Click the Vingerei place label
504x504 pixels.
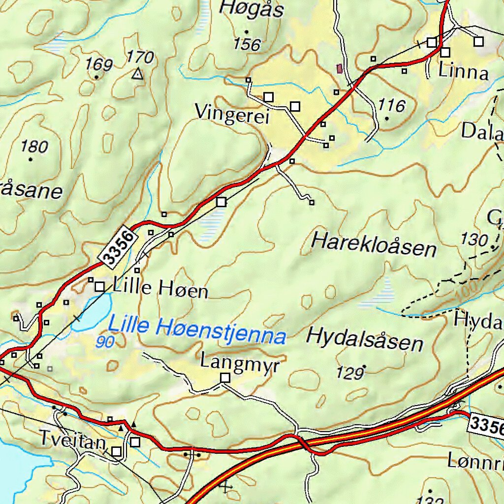click(232, 113)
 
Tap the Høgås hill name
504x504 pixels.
click(252, 9)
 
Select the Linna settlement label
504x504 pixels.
click(463, 72)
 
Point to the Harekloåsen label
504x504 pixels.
click(374, 245)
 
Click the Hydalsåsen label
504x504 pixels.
click(365, 340)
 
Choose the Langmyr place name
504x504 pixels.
click(240, 363)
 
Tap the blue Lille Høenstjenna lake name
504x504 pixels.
click(197, 330)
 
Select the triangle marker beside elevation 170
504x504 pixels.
click(137, 74)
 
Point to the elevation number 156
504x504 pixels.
click(247, 45)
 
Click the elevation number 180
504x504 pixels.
click(34, 146)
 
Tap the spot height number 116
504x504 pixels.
click(392, 105)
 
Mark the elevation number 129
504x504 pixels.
click(350, 374)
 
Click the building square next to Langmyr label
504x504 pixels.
click(225, 378)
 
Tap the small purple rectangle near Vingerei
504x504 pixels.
click(339, 69)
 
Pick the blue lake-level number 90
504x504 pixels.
click(105, 342)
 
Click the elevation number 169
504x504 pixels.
click(99, 64)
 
